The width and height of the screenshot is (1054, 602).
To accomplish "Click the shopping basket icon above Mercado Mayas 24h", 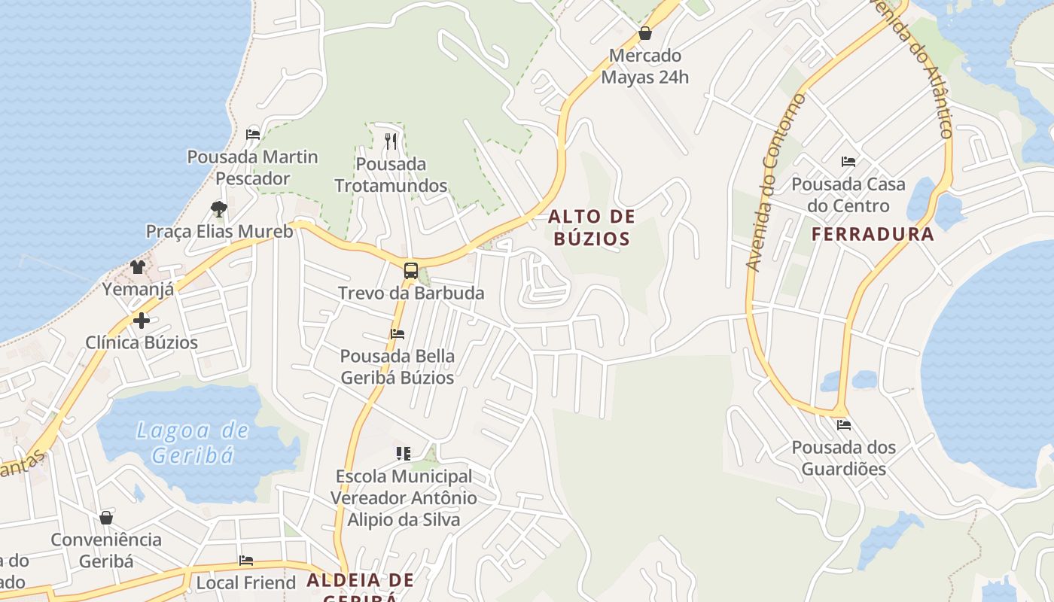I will pos(644,33).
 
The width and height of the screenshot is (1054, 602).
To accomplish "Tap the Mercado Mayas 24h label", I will pos(644,66).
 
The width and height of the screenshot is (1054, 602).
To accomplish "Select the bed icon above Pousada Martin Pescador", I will pos(253,135).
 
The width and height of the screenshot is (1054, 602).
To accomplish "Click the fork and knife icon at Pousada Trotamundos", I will pos(390,141).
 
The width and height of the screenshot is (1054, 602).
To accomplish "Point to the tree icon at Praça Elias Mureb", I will pos(219,208).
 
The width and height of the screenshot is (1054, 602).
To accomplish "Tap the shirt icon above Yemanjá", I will pos(138,266).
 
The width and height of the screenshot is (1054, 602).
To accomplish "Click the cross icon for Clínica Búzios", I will pos(141,321).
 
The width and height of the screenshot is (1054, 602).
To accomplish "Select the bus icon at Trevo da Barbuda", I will pos(410,271).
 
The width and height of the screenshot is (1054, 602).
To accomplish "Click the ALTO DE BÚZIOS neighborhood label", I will pos(591,228).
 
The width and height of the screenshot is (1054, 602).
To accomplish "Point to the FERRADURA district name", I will pos(873,234).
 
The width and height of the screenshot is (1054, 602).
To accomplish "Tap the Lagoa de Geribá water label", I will pos(192,442).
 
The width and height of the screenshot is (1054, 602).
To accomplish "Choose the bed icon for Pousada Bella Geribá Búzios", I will pos(398,333).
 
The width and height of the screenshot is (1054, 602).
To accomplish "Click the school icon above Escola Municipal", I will pos(404,453).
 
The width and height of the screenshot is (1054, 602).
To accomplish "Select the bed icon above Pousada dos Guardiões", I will pos(843,424).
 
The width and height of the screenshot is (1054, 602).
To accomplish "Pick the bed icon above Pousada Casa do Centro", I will pos(848,161).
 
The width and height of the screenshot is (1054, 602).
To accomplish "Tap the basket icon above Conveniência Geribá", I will pos(106,518).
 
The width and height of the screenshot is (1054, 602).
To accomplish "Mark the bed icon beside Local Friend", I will pos(246,561).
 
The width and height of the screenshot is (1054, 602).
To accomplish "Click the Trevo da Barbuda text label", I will pos(411,293).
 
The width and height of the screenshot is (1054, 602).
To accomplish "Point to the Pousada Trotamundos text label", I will pos(391,175).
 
